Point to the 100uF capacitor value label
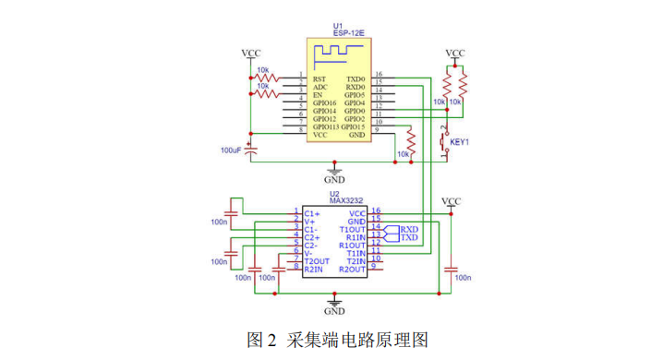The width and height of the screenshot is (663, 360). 231,149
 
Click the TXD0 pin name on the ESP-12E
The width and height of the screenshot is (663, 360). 355,79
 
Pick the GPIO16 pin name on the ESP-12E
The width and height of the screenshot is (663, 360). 325,103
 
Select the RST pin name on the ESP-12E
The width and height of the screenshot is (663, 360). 319,79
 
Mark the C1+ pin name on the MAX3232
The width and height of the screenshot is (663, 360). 311,213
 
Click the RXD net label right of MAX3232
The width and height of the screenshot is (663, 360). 409,229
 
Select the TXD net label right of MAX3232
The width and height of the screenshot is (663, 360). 409,237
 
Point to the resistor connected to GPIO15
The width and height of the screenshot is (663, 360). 412,143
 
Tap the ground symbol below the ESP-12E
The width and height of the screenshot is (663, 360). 334,173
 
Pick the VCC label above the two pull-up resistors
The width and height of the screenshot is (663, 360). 455,54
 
